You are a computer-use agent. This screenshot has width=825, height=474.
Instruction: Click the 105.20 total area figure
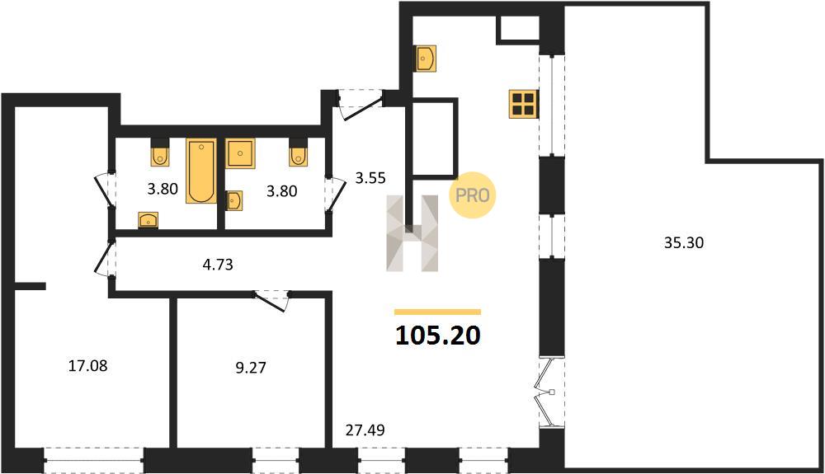(x=438, y=336)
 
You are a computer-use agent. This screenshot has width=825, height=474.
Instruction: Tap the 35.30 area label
(x=683, y=243)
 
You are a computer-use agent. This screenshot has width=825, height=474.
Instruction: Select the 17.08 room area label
(x=88, y=366)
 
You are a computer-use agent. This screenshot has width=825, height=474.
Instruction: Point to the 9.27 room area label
(x=251, y=368)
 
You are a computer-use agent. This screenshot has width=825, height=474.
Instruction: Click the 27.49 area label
(x=365, y=430)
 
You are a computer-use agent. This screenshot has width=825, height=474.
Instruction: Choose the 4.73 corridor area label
(x=218, y=265)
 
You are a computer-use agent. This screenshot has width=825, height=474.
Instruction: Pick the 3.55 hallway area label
(x=370, y=178)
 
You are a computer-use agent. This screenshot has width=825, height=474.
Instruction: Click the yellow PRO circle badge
(x=472, y=195)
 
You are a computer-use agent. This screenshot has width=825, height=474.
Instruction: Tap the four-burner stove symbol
(x=524, y=104)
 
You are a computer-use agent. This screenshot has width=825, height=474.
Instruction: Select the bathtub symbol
(x=201, y=171)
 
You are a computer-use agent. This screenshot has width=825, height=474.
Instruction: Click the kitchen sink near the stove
(x=426, y=58)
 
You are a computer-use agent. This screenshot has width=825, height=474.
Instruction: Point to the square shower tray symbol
(x=240, y=153)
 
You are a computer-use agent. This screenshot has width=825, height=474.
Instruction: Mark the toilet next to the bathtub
(x=160, y=153)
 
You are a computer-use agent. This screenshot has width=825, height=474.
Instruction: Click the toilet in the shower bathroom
(x=298, y=153)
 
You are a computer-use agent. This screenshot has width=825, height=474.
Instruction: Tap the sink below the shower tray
(x=234, y=201)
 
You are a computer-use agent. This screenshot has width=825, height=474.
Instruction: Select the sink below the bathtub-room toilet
(x=148, y=220)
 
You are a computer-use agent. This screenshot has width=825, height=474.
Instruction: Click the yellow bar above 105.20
(x=438, y=312)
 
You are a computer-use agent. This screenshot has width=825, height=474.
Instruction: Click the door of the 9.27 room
(x=271, y=300)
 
